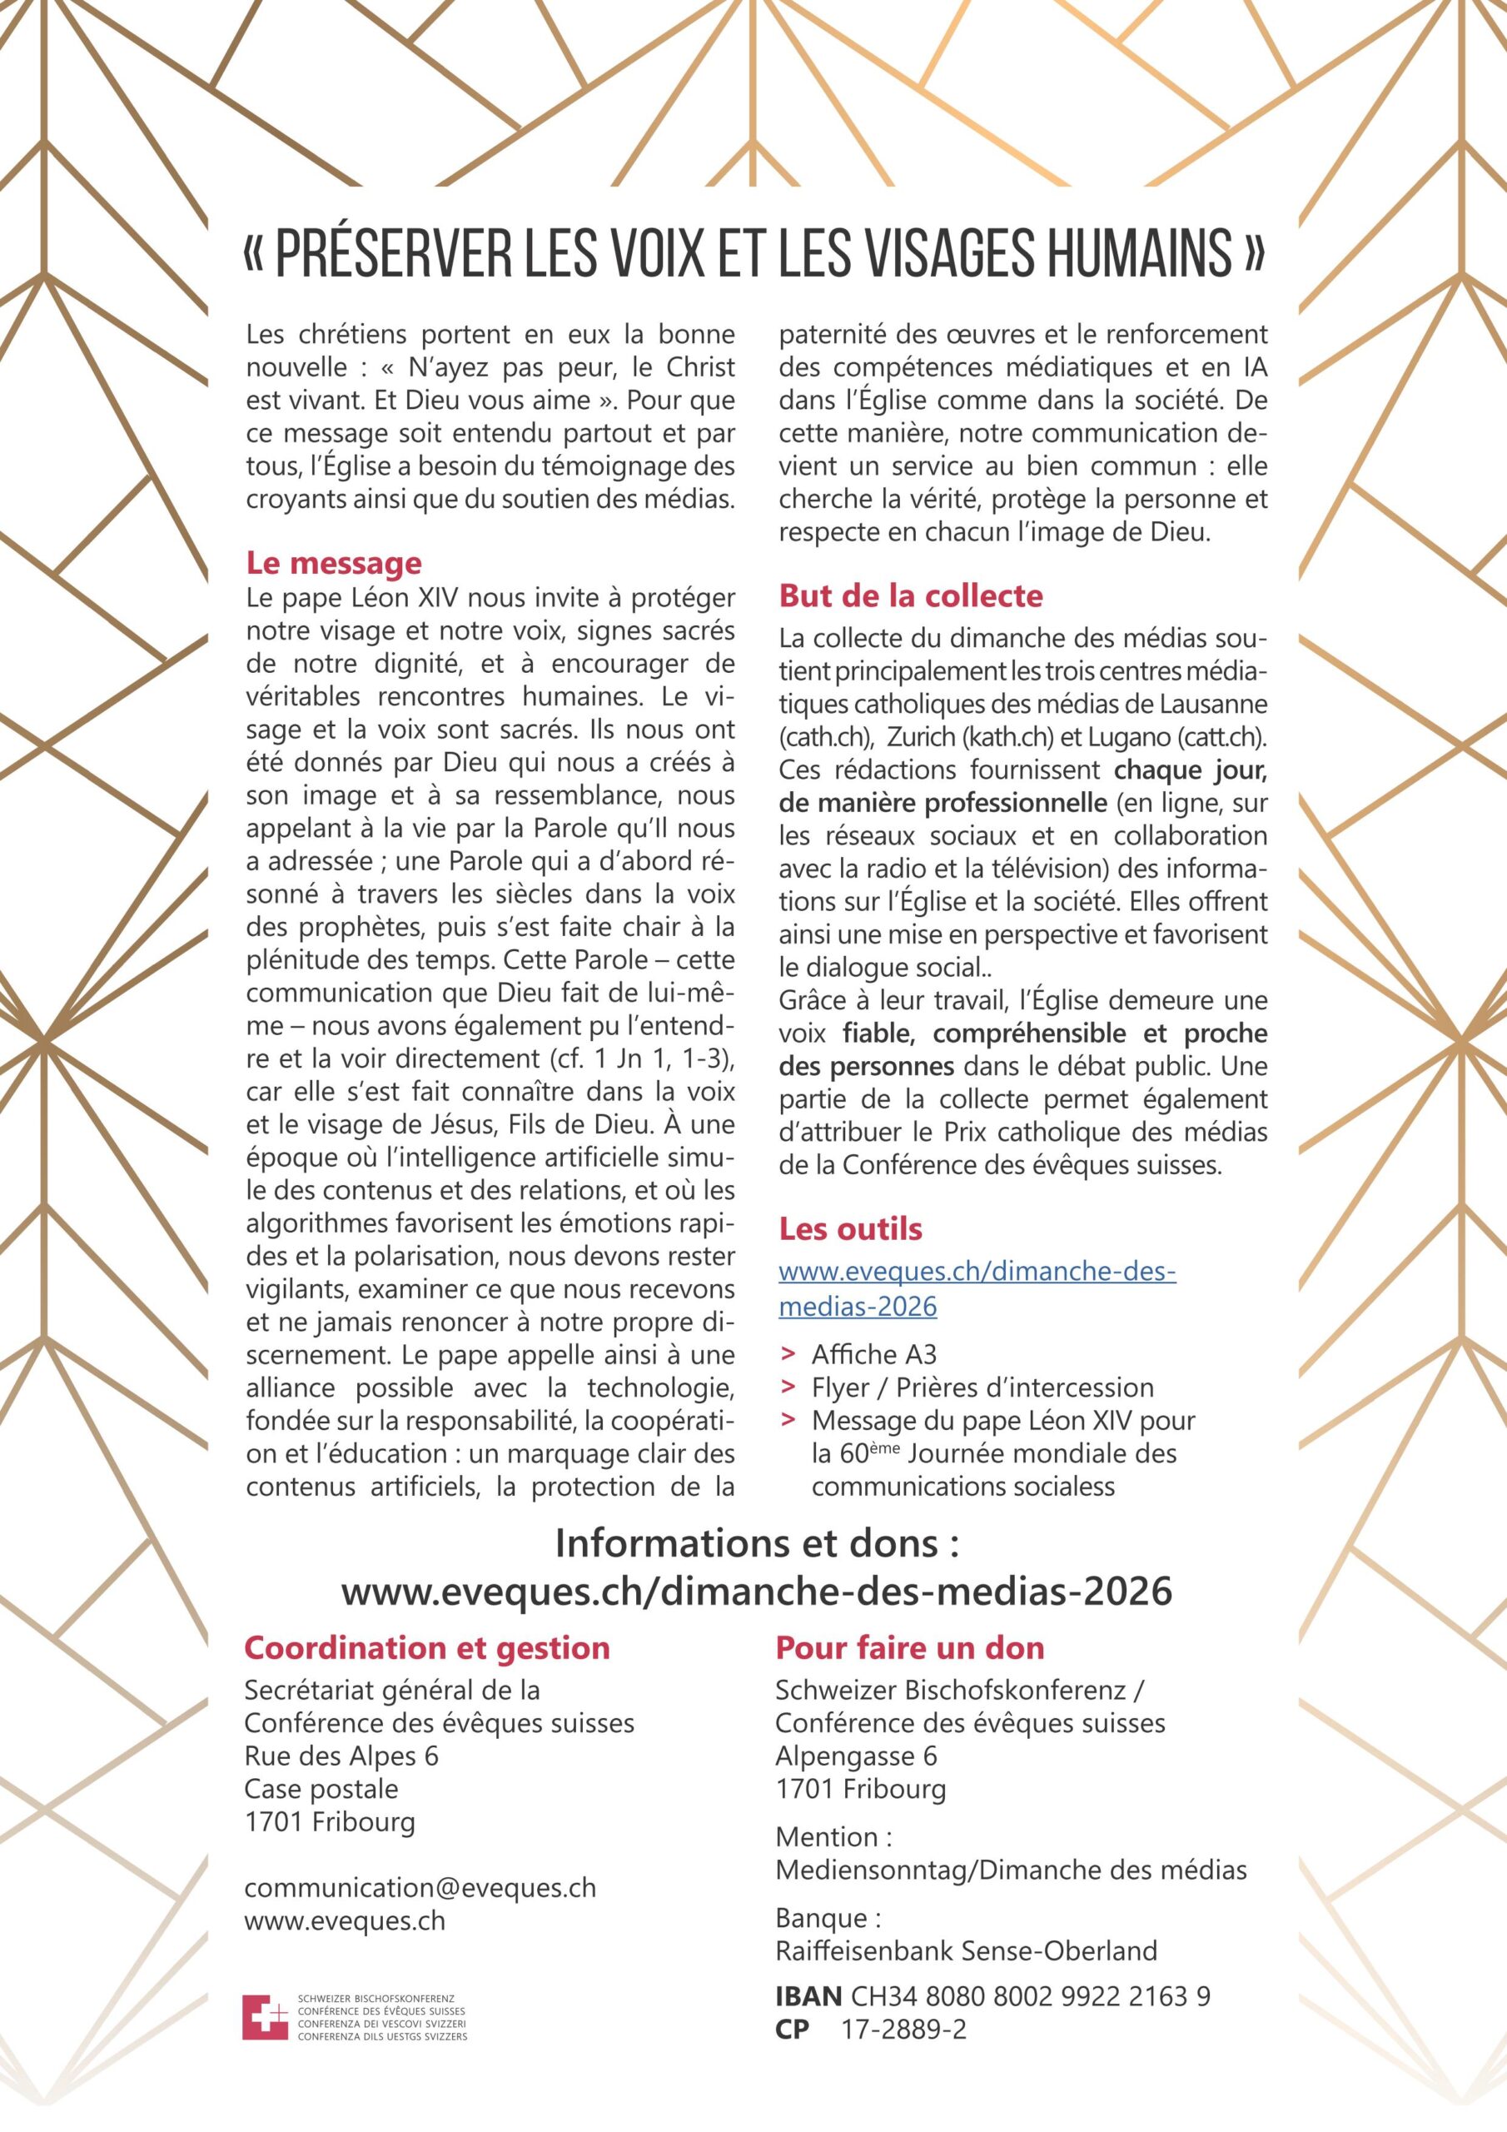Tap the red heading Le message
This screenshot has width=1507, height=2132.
tap(333, 563)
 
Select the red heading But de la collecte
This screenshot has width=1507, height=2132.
tap(911, 595)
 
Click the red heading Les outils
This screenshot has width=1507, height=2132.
tap(851, 1228)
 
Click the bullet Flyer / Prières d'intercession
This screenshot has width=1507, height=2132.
tap(982, 1387)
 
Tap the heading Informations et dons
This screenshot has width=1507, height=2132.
tap(756, 1543)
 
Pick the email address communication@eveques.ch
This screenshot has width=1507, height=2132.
tap(420, 1888)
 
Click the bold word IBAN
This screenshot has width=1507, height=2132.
tap(808, 1995)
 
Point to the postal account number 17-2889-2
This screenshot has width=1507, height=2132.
tap(903, 2029)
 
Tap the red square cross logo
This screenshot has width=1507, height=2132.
tap(265, 2018)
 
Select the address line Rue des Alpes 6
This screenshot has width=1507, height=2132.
tap(341, 1756)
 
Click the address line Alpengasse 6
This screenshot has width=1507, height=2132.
tap(856, 1756)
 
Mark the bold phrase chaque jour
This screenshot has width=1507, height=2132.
tap(1190, 770)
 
